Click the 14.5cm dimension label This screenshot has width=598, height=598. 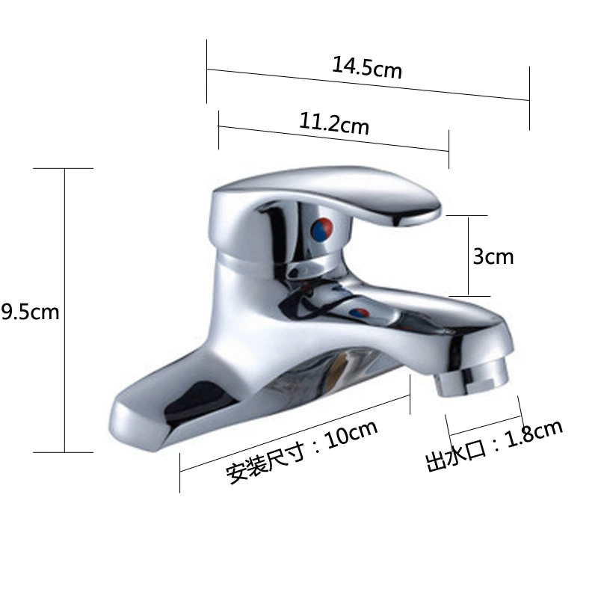click(367, 68)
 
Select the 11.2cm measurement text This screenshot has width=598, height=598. click(334, 123)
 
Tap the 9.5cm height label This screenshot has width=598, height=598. click(30, 312)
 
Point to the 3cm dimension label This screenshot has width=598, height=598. click(493, 256)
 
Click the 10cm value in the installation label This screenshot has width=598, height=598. click(351, 434)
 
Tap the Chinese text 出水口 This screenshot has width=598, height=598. click(456, 456)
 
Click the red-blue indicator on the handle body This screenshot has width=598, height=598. click(321, 229)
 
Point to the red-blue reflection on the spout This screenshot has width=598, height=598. click(360, 313)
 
